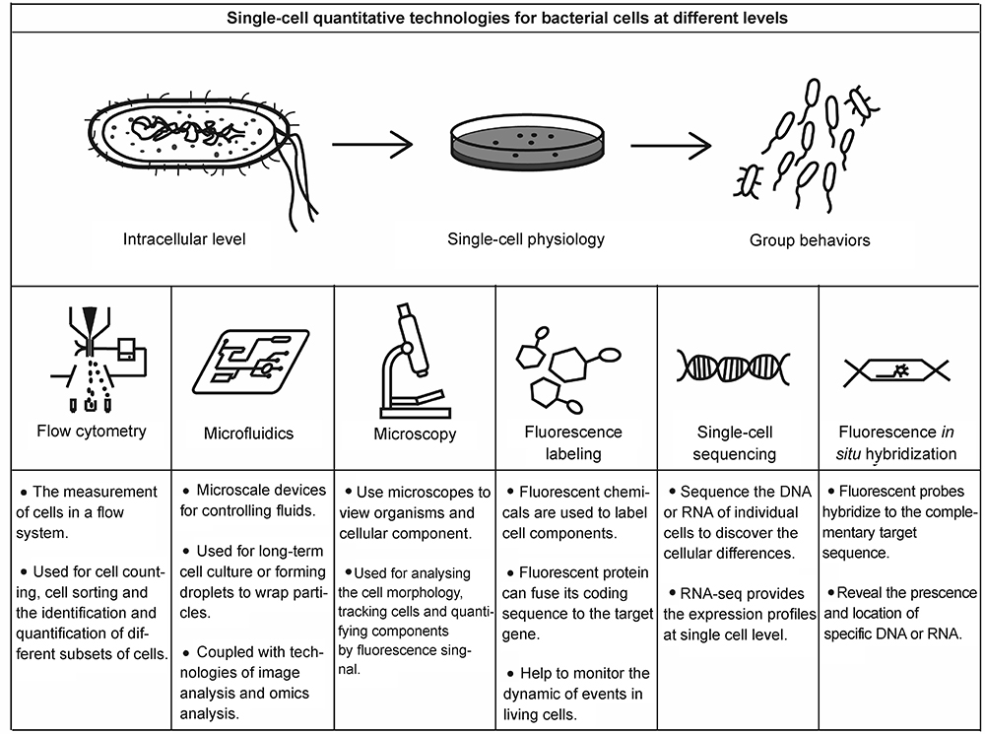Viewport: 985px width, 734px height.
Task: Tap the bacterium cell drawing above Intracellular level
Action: [x=187, y=143]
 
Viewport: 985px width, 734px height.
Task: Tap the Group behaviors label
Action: [x=810, y=239]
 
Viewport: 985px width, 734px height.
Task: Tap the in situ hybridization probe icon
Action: [x=896, y=368]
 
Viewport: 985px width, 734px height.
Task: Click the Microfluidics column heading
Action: [x=249, y=434]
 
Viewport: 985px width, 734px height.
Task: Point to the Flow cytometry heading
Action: [x=92, y=430]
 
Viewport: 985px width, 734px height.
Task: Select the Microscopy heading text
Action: [x=415, y=434]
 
